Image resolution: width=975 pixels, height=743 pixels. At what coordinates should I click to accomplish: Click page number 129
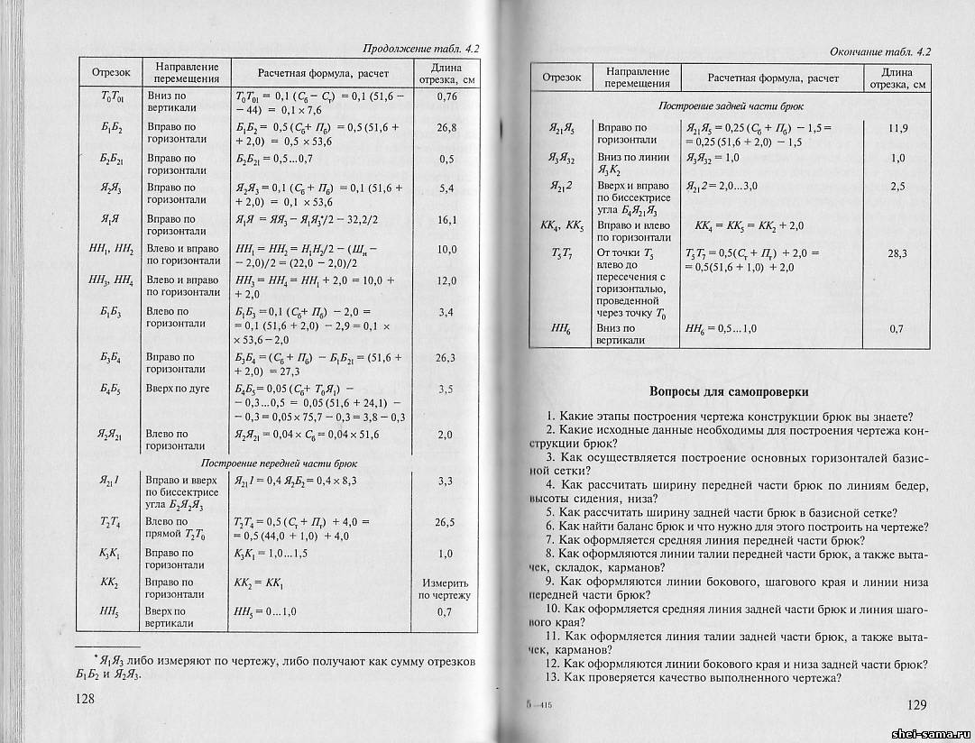[x=915, y=703]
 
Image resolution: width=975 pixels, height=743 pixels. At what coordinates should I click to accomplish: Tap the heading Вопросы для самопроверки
[x=729, y=392]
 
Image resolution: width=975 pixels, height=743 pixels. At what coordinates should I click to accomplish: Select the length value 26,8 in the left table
[x=446, y=128]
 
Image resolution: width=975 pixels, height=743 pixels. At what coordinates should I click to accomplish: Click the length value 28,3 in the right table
[x=897, y=254]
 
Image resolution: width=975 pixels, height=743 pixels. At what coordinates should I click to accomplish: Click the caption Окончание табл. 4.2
[x=879, y=51]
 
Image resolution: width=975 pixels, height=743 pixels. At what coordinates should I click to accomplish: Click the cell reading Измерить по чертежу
[x=445, y=589]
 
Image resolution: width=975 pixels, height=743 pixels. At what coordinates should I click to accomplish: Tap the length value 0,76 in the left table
[x=446, y=96]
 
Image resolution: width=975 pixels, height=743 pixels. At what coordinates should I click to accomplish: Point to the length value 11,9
[x=897, y=129]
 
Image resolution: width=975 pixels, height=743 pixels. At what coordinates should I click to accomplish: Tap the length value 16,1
[x=446, y=220]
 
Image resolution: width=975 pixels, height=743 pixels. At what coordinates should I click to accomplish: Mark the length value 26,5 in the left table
[x=445, y=522]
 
